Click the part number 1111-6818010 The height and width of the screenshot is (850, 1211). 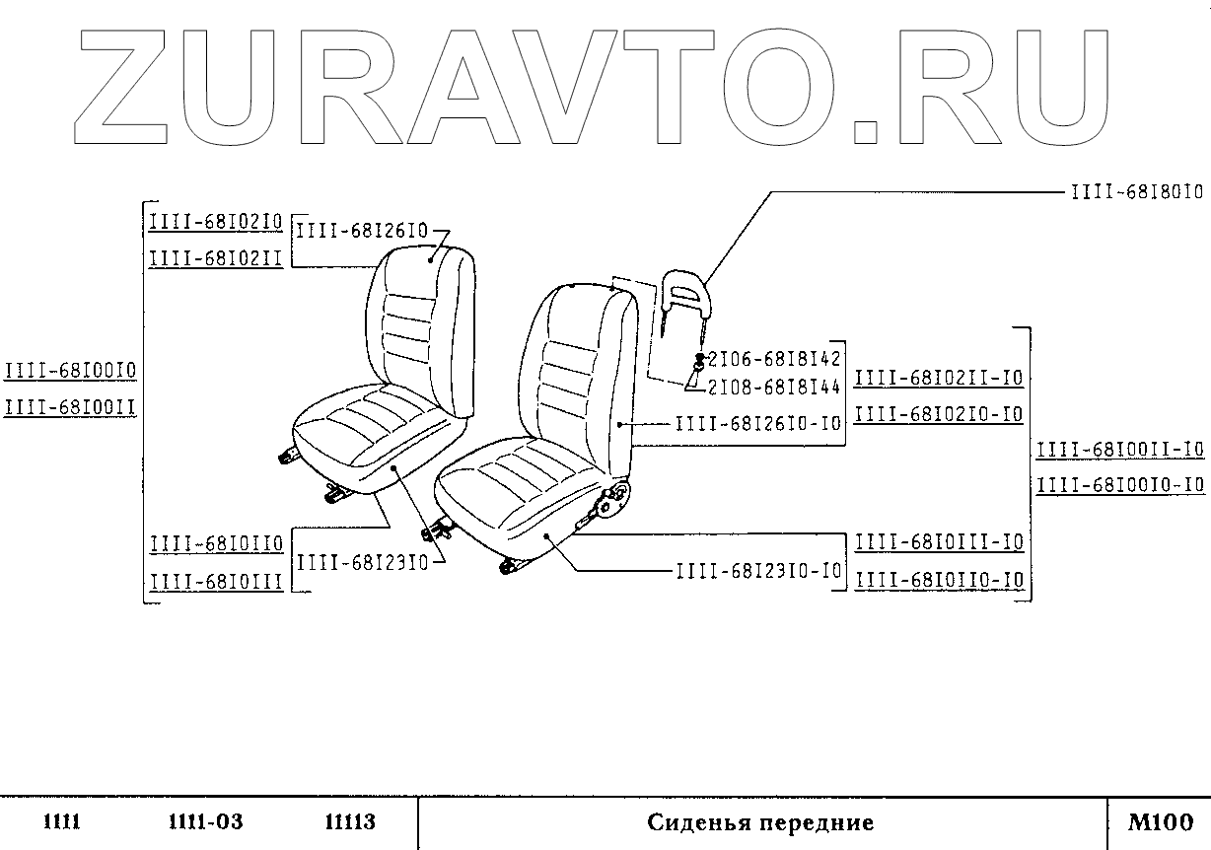(x=1137, y=191)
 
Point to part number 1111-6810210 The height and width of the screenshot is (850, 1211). (x=216, y=222)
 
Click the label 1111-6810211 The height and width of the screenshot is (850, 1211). (x=216, y=258)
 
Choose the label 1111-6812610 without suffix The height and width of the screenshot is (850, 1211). (x=362, y=231)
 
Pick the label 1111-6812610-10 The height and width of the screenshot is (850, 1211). (x=759, y=423)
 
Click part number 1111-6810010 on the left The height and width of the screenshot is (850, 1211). (x=70, y=371)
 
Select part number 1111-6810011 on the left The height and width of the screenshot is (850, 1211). (x=70, y=406)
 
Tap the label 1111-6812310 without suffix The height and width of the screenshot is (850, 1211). (x=362, y=561)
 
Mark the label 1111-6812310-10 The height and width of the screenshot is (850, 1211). (x=759, y=570)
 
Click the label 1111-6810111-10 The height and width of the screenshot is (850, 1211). (x=939, y=542)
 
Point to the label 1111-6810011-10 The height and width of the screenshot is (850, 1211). (x=1120, y=450)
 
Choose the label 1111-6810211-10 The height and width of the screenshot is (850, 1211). (x=939, y=378)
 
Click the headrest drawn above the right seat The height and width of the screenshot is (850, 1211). (x=686, y=286)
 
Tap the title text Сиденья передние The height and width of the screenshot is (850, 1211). (x=760, y=822)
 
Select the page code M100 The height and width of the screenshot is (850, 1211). (x=1161, y=822)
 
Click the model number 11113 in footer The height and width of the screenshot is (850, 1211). (x=350, y=822)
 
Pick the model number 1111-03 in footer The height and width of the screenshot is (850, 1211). (x=205, y=822)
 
